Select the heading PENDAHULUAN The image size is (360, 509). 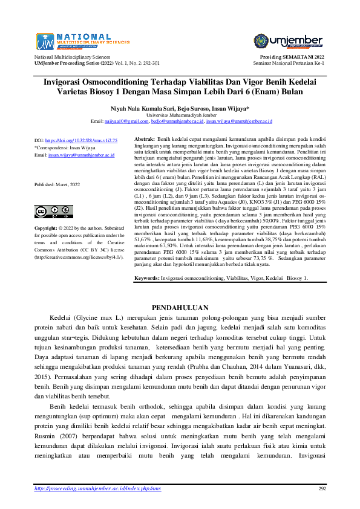coord(180,307)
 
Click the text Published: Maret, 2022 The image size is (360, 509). coord(57,184)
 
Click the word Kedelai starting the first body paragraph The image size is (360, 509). coord(61,317)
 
